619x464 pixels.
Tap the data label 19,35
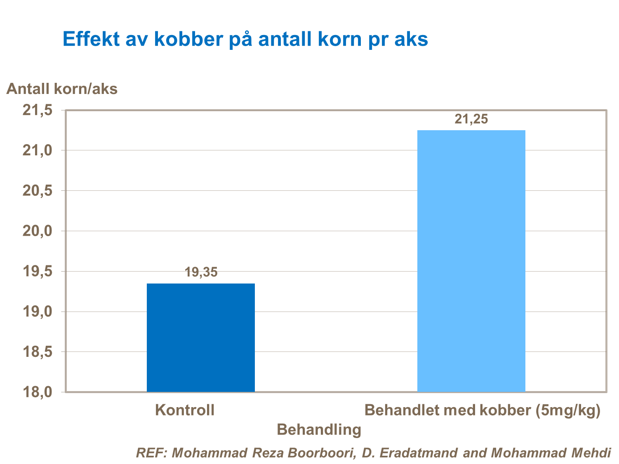(x=201, y=272)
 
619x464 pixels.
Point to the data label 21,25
(x=471, y=119)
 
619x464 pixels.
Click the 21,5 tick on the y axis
(x=38, y=110)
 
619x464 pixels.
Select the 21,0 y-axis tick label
(x=38, y=150)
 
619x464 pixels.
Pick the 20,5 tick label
(x=38, y=191)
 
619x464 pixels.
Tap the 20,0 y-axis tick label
(x=38, y=231)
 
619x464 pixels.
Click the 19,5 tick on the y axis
(x=38, y=271)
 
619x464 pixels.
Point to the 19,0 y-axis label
(x=38, y=312)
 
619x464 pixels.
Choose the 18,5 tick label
(x=38, y=352)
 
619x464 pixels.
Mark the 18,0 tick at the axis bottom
(x=38, y=392)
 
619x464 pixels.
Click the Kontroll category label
(x=185, y=410)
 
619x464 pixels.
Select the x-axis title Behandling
(x=319, y=429)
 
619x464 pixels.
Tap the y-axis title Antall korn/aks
(x=62, y=89)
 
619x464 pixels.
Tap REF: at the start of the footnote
(x=151, y=453)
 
